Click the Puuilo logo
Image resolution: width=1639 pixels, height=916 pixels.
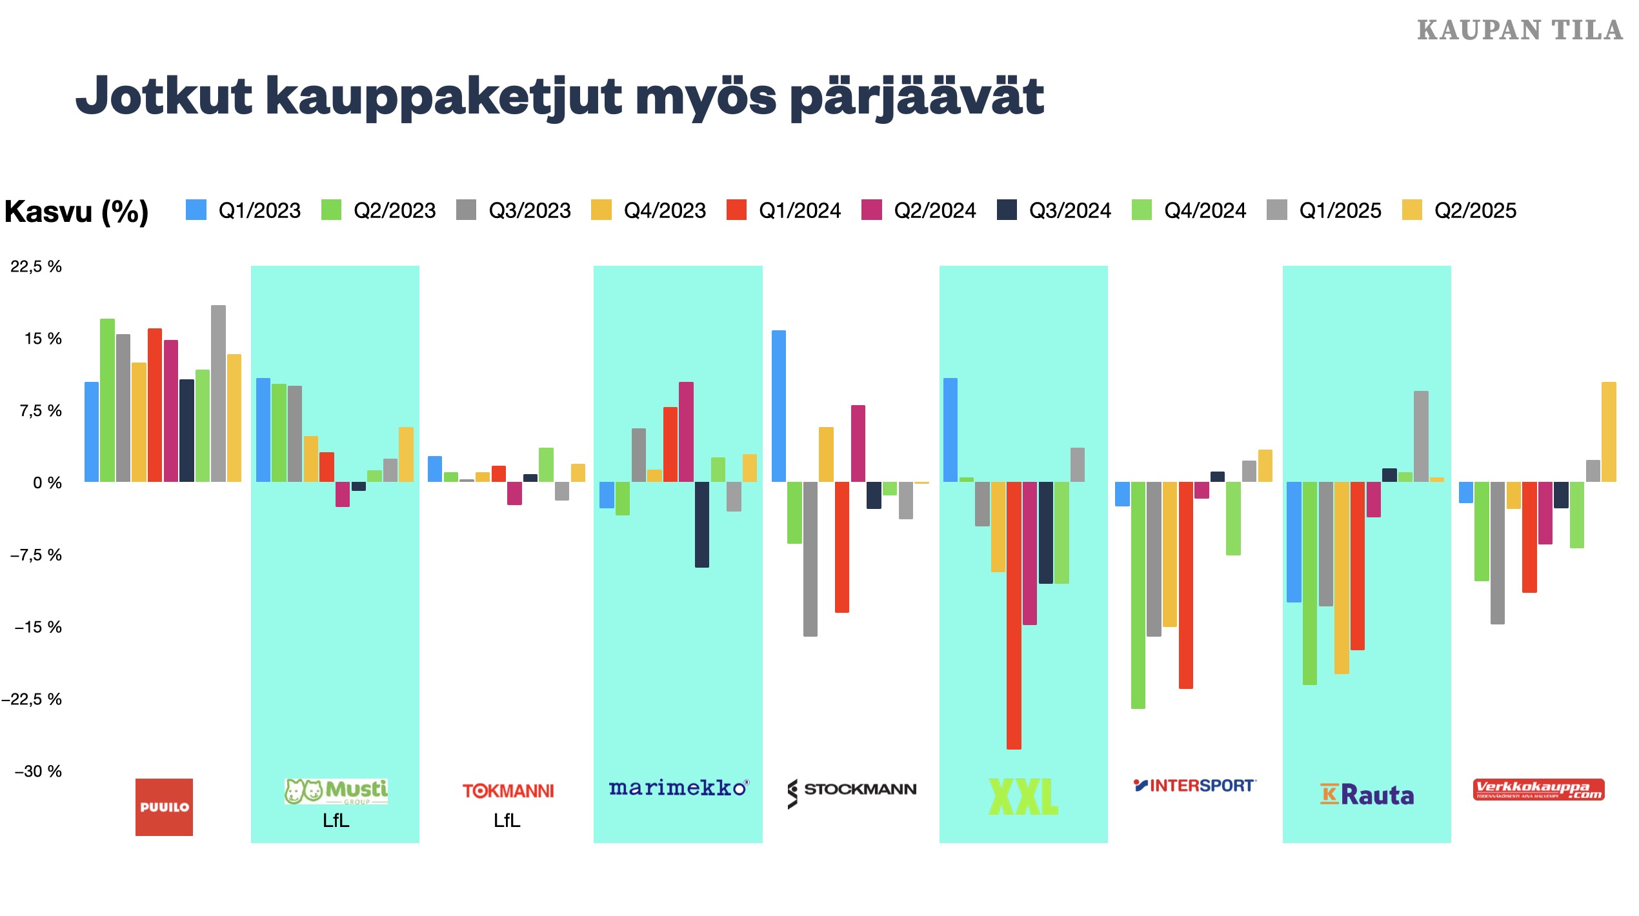pyautogui.click(x=164, y=806)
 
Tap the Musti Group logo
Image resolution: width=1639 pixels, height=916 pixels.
pyautogui.click(x=336, y=792)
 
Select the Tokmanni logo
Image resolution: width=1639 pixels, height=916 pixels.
pyautogui.click(x=508, y=791)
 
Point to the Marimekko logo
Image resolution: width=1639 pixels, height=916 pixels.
pyautogui.click(x=678, y=788)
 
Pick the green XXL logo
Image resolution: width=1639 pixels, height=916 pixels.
pyautogui.click(x=1023, y=796)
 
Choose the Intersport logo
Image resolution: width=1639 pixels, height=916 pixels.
pyautogui.click(x=1194, y=786)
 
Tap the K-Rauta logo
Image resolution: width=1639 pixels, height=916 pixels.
pyautogui.click(x=1367, y=795)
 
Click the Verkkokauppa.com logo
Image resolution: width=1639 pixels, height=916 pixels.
pyautogui.click(x=1538, y=790)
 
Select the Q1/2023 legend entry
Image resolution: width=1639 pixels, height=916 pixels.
pyautogui.click(x=243, y=210)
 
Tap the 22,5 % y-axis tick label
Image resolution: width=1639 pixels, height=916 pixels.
pyautogui.click(x=36, y=266)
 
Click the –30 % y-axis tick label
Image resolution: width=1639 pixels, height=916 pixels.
pyautogui.click(x=38, y=771)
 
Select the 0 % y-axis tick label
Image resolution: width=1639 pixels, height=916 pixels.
pyautogui.click(x=47, y=483)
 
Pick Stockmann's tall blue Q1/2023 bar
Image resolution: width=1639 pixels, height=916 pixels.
pyautogui.click(x=779, y=406)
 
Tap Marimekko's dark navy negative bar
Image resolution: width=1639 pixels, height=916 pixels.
pyautogui.click(x=701, y=524)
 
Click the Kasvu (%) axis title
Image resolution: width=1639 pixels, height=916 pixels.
pyautogui.click(x=76, y=212)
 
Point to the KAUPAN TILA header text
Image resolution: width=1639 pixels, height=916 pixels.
pyautogui.click(x=1520, y=30)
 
